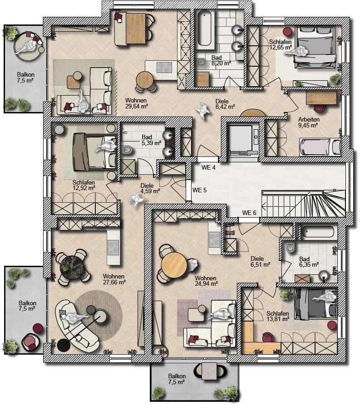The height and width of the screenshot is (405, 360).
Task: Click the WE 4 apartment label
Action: pyautogui.click(x=208, y=168)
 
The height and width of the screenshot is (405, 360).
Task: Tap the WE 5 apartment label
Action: pyautogui.click(x=200, y=190)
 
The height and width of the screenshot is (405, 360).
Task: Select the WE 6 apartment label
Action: pyautogui.click(x=249, y=213)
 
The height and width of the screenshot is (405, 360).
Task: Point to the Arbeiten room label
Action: pyautogui.click(x=309, y=119)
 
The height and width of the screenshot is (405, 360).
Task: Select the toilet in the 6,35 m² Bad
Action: pyautogui.click(x=290, y=248)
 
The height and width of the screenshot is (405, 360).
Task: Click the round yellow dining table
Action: pyautogui.click(x=174, y=264)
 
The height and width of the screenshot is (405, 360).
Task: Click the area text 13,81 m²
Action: pyautogui.click(x=278, y=319)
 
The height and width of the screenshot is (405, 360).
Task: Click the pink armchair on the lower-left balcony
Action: pyautogui.click(x=30, y=341)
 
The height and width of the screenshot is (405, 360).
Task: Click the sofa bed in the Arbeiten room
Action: pyautogui.click(x=320, y=147)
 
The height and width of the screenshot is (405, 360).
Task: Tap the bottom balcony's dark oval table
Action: pyautogui.click(x=210, y=371)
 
